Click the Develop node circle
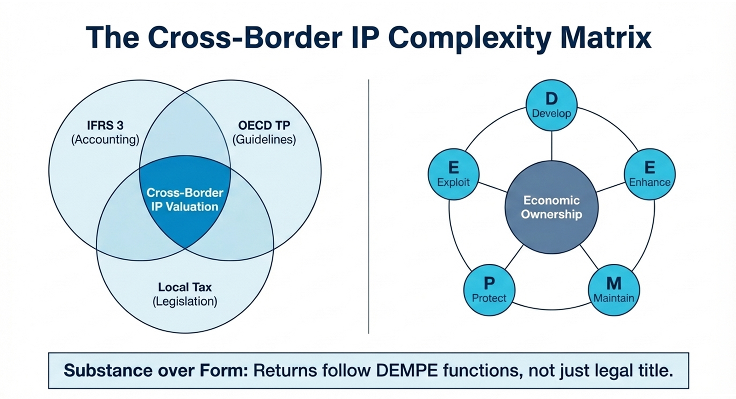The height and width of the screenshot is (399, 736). (551, 105)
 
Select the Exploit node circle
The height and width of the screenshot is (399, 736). (454, 174)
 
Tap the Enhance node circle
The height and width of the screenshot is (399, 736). (650, 174)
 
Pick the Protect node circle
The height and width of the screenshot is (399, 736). (489, 290)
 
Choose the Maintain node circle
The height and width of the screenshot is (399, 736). (614, 290)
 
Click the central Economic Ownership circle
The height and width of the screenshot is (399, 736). (552, 207)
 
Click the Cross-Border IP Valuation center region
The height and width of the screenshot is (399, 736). (185, 200)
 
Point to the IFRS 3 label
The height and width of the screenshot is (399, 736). (105, 125)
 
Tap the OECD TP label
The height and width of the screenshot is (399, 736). (264, 125)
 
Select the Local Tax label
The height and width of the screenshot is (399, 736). (185, 287)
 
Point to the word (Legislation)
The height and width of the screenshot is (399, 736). (185, 302)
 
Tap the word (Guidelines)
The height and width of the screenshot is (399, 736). (264, 139)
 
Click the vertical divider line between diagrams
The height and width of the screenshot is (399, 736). (368, 207)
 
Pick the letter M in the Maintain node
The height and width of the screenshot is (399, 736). (614, 283)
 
